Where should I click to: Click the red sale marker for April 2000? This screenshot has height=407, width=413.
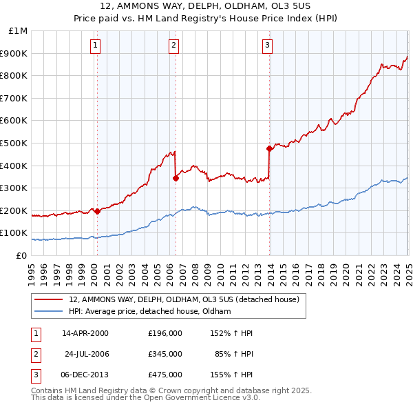97,211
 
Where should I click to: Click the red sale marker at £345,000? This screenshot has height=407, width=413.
176,178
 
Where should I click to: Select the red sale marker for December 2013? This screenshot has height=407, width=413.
269,148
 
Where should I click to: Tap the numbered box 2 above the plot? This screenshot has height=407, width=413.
173,46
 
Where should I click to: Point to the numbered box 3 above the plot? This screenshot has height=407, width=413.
267,46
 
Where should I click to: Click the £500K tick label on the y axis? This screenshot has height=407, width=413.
14,143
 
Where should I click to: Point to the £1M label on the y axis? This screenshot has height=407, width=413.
18,31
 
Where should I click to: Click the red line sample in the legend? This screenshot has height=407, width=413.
49,300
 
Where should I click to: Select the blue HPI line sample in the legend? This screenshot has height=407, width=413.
49,312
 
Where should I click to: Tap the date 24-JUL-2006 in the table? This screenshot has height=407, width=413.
87,354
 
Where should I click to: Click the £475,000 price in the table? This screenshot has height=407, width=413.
165,375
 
